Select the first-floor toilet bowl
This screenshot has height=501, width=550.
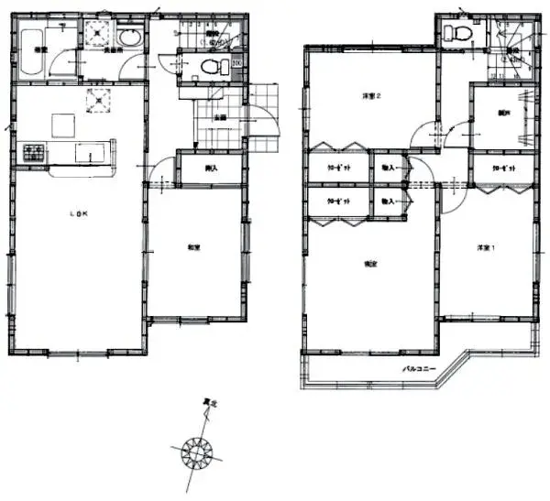(212, 67)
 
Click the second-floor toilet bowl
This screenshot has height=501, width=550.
(451, 35)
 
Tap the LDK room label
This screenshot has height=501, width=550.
(80, 213)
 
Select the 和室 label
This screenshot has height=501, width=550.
(194, 245)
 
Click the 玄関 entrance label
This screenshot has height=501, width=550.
(220, 117)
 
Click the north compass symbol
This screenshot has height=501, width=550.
(197, 451)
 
